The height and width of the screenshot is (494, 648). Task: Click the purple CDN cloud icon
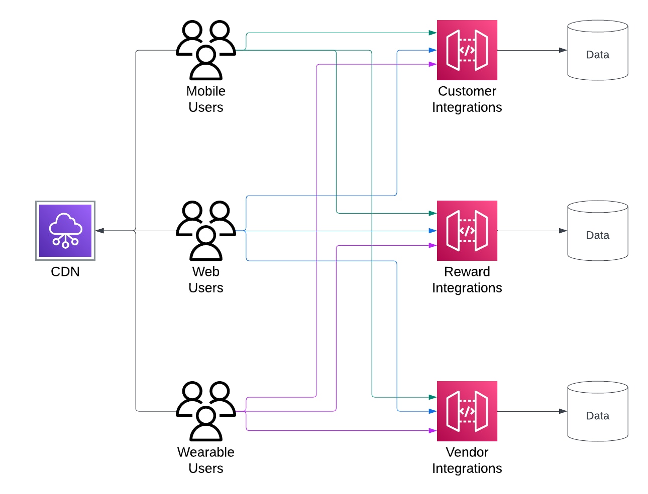click(65, 231)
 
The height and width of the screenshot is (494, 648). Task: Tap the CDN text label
click(65, 272)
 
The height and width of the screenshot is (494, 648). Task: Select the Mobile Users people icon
click(206, 50)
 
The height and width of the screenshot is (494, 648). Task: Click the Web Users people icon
click(206, 231)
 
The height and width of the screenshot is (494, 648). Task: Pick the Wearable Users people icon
click(206, 411)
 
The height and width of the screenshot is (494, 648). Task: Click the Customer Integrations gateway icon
click(467, 50)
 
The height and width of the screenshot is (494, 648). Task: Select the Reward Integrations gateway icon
click(467, 231)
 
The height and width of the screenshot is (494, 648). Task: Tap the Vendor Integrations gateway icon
click(467, 411)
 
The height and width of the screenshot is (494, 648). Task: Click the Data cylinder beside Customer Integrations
click(598, 50)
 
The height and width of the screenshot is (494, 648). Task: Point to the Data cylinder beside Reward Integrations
click(598, 231)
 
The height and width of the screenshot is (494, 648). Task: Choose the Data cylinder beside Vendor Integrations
click(598, 411)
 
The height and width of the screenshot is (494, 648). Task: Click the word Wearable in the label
click(206, 452)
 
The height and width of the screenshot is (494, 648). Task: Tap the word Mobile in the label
click(206, 91)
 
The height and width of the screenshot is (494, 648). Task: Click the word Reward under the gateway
click(467, 271)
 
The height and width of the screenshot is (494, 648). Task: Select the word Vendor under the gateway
click(467, 452)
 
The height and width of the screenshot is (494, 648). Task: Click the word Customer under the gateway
click(467, 91)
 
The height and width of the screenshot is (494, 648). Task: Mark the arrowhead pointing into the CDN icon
click(100, 231)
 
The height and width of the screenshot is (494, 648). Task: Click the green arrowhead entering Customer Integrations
click(433, 33)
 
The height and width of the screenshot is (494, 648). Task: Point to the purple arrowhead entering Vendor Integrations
click(433, 430)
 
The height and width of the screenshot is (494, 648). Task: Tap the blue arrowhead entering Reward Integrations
click(433, 231)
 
